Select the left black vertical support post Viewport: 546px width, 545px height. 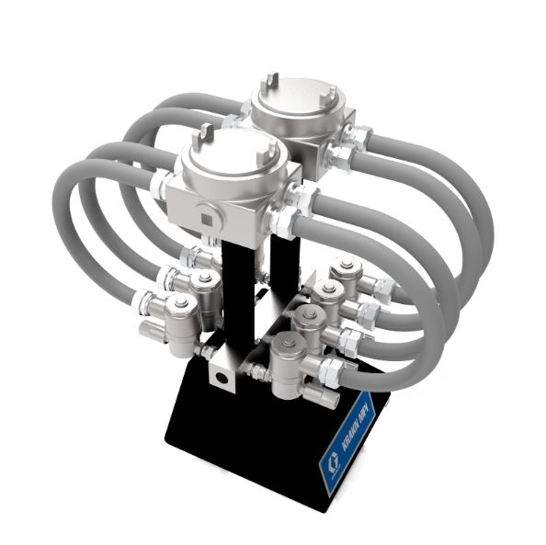pyautogui.click(x=237, y=294)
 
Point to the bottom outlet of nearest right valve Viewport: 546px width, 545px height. pyautogui.click(x=313, y=396)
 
